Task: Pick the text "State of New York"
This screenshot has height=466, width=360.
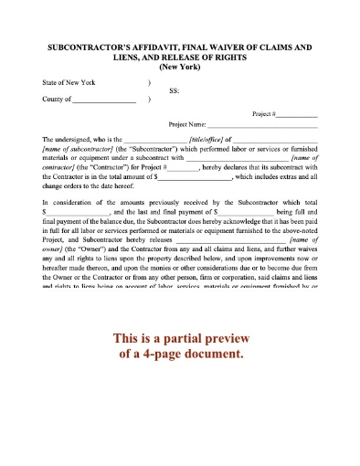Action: point(69,82)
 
